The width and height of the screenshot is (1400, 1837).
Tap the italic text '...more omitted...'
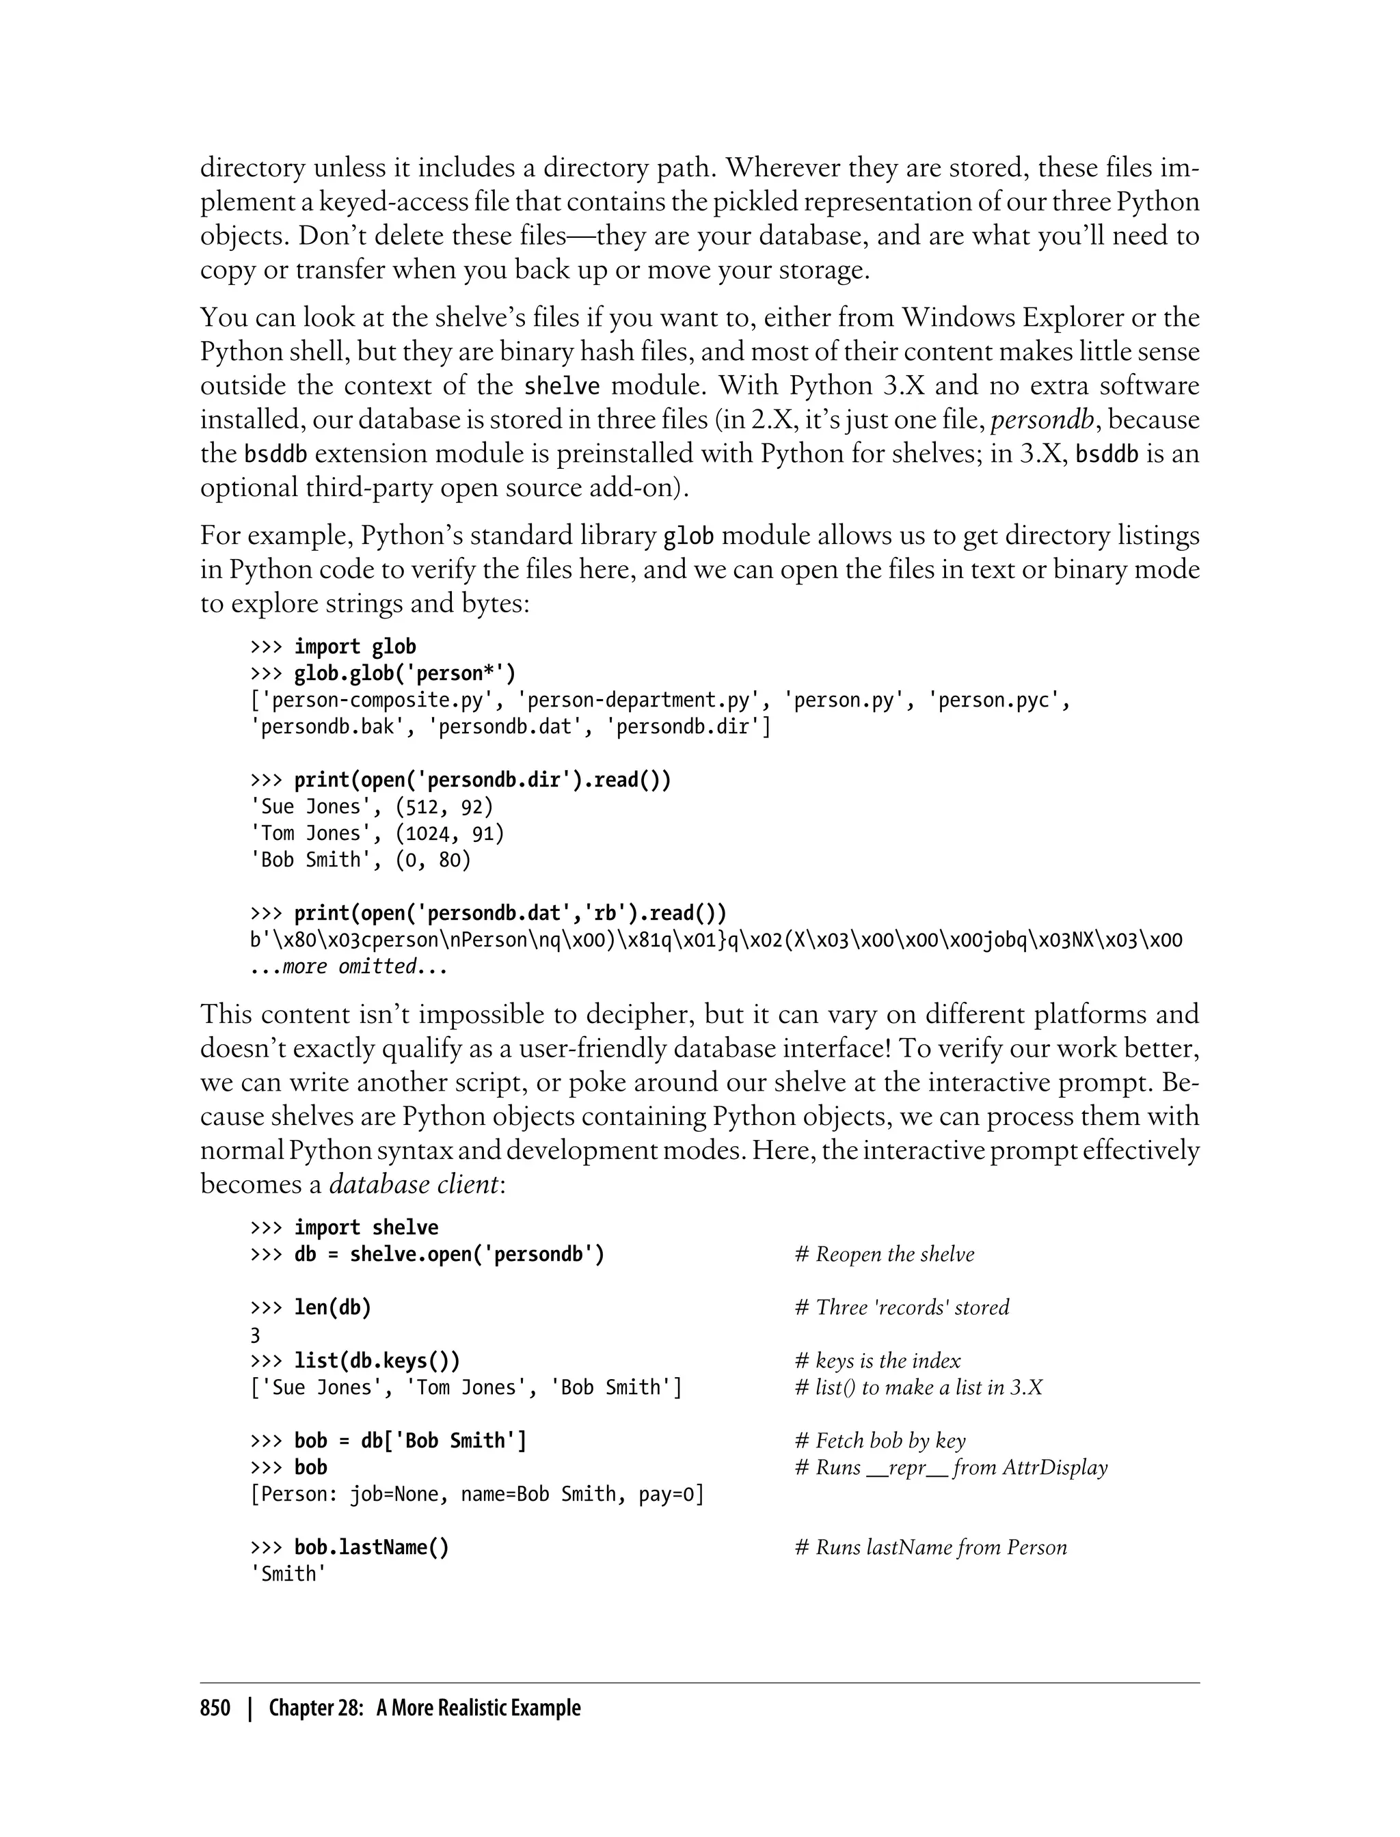pos(349,966)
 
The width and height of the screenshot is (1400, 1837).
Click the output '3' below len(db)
pos(255,1335)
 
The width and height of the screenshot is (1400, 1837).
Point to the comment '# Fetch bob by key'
pos(881,1441)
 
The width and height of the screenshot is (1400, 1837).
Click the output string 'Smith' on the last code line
pos(288,1574)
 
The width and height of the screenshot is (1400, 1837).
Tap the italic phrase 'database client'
pos(414,1184)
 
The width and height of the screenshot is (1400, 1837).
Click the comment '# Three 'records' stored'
pos(902,1307)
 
